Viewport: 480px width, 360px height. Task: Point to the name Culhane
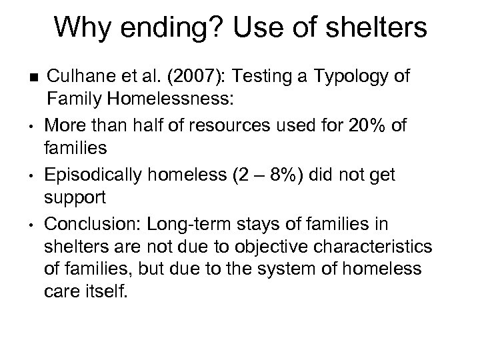click(81, 76)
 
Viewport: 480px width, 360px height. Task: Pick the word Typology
click(349, 77)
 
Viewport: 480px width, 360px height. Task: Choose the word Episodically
click(97, 175)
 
